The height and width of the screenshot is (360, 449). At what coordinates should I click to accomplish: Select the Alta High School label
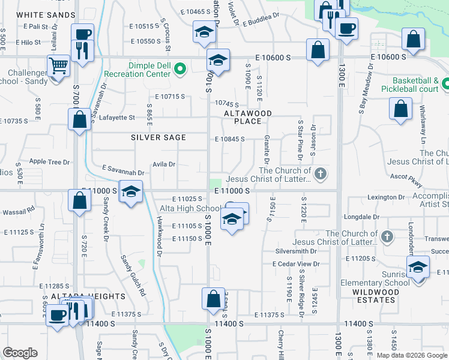pos(188,208)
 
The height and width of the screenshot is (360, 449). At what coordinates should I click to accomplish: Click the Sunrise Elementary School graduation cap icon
pos(418,268)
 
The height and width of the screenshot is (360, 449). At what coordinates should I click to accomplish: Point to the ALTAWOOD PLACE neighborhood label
pos(248,117)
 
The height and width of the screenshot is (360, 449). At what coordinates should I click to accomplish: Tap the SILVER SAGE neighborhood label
pos(158,137)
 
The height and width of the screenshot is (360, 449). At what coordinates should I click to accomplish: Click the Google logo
pos(20,352)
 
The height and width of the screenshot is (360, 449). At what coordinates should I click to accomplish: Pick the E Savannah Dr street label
pos(124,169)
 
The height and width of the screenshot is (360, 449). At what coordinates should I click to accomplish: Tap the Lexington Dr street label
pos(385,197)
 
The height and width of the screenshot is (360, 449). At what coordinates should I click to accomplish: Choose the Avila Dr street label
pos(163,164)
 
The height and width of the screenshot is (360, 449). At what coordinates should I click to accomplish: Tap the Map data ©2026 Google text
pos(411,355)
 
